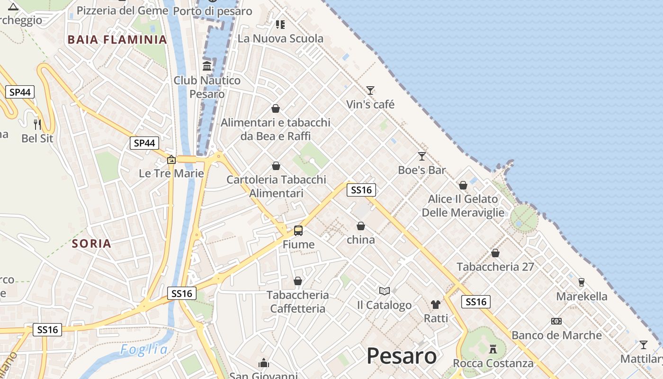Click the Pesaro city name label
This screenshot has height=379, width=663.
402,356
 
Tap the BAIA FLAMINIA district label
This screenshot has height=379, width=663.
117,39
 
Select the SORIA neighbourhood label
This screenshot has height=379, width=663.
92,244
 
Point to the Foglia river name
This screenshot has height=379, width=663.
144,350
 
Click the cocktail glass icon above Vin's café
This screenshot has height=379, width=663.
370,90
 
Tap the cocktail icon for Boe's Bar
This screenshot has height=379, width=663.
422,156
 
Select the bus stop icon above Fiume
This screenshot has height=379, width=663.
298,231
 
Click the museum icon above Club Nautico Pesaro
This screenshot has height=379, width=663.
207,66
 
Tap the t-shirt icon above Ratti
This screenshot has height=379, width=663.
436,304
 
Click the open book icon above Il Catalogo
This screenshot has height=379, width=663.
385,291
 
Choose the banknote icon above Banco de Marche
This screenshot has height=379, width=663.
556,321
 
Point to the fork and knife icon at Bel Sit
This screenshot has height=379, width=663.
37,125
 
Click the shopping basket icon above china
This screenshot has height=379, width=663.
361,226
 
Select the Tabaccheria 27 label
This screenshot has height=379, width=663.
495,267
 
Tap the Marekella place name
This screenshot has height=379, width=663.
582,297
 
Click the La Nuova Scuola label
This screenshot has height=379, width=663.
280,38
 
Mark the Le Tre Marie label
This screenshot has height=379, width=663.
171,173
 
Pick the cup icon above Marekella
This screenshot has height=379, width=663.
582,282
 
